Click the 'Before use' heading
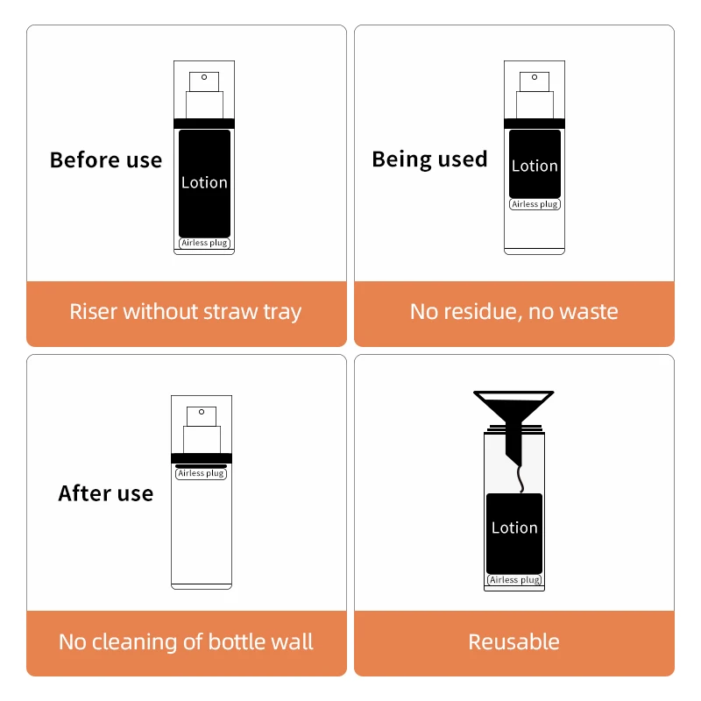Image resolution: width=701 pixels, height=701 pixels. pyautogui.click(x=106, y=160)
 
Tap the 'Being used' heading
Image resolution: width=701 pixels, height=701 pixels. pyautogui.click(x=429, y=159)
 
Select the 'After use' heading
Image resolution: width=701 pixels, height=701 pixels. pyautogui.click(x=106, y=493)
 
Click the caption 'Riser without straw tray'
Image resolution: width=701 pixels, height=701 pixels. pyautogui.click(x=186, y=312)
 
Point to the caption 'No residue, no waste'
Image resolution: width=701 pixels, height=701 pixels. pyautogui.click(x=514, y=312)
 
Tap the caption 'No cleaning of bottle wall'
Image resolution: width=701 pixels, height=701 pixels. pyautogui.click(x=186, y=642)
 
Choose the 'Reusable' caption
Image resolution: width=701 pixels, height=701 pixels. pyautogui.click(x=514, y=642)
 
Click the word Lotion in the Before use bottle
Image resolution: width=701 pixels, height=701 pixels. pyautogui.click(x=204, y=182)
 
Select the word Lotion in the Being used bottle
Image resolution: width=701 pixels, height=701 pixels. pyautogui.click(x=535, y=166)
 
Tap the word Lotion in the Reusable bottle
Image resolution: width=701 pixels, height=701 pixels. pyautogui.click(x=514, y=528)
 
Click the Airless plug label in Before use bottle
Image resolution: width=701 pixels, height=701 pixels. pyautogui.click(x=204, y=243)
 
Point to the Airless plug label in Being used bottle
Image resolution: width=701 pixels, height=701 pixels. pyautogui.click(x=535, y=204)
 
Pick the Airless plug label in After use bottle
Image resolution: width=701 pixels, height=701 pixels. pyautogui.click(x=202, y=473)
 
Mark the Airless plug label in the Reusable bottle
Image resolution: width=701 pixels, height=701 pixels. pyautogui.click(x=514, y=580)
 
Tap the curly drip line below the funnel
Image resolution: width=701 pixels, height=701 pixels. pyautogui.click(x=520, y=478)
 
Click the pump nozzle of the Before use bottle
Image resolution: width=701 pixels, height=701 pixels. pyautogui.click(x=204, y=81)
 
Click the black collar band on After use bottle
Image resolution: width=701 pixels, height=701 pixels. pyautogui.click(x=202, y=457)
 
